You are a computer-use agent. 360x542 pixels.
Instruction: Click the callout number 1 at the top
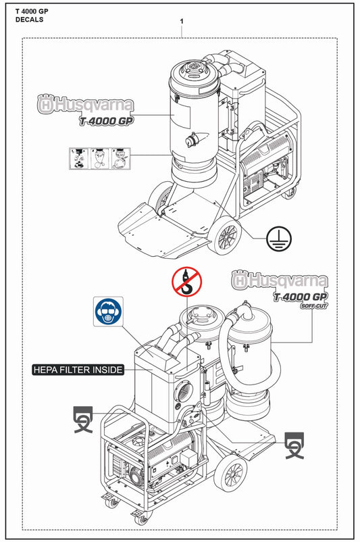click(182, 22)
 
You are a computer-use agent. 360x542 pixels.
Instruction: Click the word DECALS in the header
click(29, 20)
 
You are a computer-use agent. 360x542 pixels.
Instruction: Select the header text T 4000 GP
click(32, 10)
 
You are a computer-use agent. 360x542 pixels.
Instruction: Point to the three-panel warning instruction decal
click(99, 159)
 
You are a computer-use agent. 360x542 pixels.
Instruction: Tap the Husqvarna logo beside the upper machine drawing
click(85, 105)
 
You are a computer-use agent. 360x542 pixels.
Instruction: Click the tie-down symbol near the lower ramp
click(294, 444)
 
